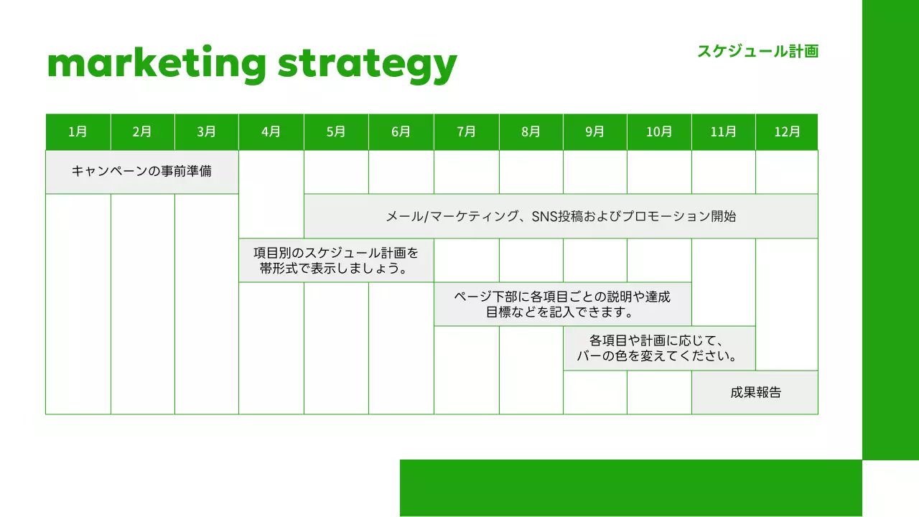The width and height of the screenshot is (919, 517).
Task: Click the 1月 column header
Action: click(x=78, y=132)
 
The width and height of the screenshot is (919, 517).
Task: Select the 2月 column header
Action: click(x=142, y=132)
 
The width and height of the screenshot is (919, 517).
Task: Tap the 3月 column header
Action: click(x=207, y=132)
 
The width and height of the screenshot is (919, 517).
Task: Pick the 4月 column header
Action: click(x=271, y=132)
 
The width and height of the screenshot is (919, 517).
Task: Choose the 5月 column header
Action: click(x=336, y=132)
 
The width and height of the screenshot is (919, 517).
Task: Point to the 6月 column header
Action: click(x=401, y=132)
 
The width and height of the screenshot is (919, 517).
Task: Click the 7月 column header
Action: click(x=467, y=132)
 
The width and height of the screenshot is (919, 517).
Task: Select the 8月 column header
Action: click(x=531, y=132)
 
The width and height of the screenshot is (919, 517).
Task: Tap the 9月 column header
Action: click(x=595, y=132)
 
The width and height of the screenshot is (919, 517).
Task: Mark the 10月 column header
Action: click(x=659, y=132)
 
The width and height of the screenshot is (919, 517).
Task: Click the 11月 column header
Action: click(x=724, y=132)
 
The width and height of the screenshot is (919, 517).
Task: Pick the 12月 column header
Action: click(x=787, y=132)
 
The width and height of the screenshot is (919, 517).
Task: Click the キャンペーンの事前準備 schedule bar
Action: click(x=142, y=172)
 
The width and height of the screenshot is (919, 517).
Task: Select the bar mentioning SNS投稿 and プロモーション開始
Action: click(x=561, y=216)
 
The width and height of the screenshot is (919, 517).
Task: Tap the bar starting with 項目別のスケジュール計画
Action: click(x=336, y=261)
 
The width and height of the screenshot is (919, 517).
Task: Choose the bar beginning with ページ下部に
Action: click(x=563, y=304)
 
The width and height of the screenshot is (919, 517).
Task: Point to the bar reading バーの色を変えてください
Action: click(x=659, y=348)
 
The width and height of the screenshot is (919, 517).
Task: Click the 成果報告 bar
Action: click(x=755, y=393)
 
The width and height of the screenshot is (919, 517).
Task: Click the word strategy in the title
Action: click(x=367, y=64)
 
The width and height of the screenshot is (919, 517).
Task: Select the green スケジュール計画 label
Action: click(x=757, y=51)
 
